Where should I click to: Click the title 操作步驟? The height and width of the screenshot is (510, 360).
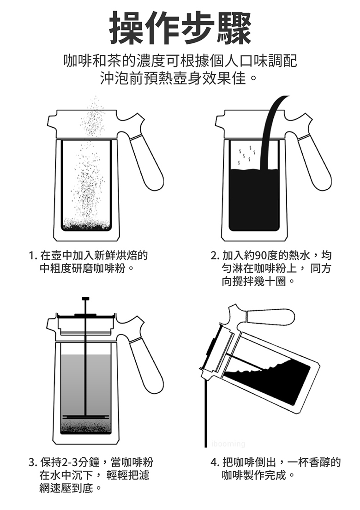(180, 28)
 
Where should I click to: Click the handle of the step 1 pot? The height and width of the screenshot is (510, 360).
(147, 162)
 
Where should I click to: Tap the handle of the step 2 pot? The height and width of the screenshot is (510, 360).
(315, 162)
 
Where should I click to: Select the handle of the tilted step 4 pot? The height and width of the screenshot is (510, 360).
(270, 317)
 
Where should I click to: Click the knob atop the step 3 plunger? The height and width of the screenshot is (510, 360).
(85, 299)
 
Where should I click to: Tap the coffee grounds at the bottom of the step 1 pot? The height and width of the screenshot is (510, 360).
(86, 225)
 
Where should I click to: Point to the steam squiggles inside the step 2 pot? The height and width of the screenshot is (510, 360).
(245, 155)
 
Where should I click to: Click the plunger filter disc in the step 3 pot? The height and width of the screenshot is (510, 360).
(86, 417)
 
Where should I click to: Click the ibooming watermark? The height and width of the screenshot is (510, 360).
(228, 444)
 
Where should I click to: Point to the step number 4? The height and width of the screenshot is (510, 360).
(213, 462)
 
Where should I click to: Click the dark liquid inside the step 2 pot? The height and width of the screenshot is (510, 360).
(254, 198)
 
